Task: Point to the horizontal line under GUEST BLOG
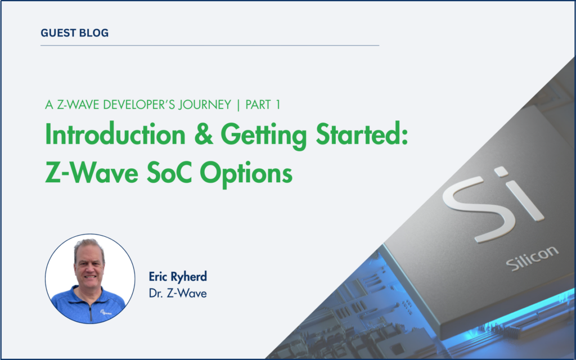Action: [210, 46]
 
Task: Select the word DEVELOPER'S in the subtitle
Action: [141, 105]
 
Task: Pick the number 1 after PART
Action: [278, 105]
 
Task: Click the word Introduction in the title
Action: [115, 135]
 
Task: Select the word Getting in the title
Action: [264, 137]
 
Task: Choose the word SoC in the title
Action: [169, 173]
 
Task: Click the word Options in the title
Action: [246, 175]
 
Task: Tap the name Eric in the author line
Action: [158, 276]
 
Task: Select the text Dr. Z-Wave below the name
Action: [178, 294]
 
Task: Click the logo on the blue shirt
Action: [106, 313]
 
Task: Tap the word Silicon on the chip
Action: [532, 258]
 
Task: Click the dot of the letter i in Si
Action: [501, 171]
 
